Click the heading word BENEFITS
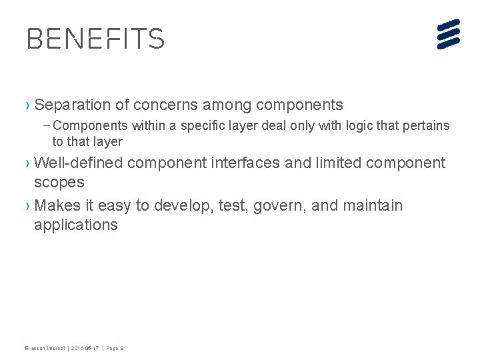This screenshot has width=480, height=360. point(95,39)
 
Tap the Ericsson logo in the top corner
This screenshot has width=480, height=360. point(449,34)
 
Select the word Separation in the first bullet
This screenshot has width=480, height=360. point(72,105)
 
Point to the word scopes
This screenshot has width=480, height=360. point(59,183)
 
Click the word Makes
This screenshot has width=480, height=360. point(56,205)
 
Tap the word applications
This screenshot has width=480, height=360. point(76,225)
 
